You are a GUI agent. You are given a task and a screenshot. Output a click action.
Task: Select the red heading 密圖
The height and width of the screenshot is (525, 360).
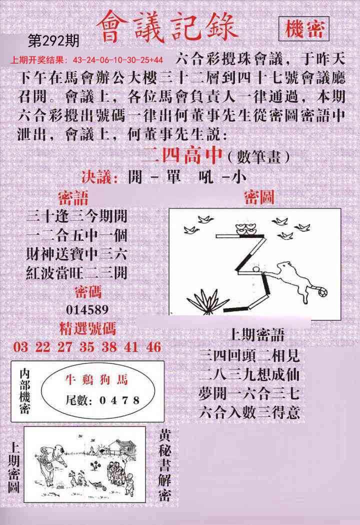click(x=258, y=197)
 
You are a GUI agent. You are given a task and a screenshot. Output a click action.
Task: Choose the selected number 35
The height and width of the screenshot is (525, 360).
click(x=87, y=347)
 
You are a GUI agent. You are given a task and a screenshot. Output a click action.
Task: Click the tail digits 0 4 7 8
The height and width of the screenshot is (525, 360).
click(x=119, y=400)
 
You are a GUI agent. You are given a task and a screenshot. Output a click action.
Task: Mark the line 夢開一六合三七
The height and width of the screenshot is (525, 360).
click(x=249, y=393)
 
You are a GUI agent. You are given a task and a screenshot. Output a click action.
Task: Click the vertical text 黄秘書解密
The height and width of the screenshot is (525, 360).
click(x=165, y=464)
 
